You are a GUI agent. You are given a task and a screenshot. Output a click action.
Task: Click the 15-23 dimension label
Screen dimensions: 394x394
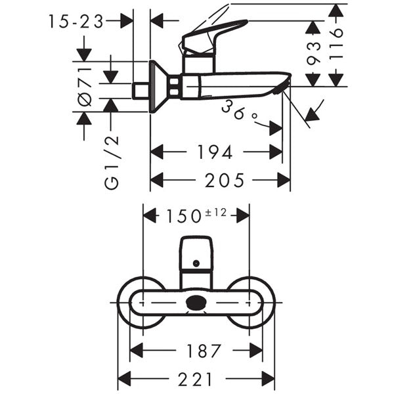[76, 22]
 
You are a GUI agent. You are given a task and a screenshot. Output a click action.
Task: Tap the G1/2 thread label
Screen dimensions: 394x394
[112, 162]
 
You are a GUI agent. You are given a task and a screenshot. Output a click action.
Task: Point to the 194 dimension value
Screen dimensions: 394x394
[215, 152]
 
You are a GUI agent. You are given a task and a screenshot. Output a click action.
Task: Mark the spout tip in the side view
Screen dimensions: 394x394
[284, 82]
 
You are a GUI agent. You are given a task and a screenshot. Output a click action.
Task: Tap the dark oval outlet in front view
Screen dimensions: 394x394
[196, 303]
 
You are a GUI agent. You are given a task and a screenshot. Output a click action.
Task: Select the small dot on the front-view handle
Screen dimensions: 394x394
[195, 264]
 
